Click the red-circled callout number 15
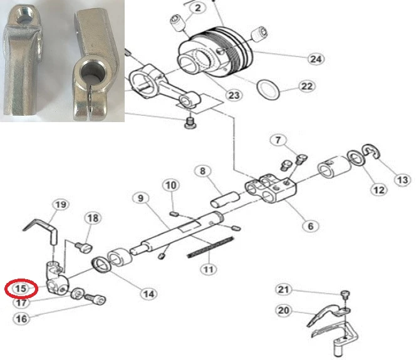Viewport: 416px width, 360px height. tap(21, 288)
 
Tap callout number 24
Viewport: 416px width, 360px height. tap(316, 59)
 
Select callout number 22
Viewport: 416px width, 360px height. tap(307, 86)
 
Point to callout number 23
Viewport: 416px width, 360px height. tap(234, 95)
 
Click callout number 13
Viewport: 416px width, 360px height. tap(402, 180)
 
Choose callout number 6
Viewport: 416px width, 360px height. tap(310, 226)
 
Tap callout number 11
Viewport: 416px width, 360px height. tap(208, 270)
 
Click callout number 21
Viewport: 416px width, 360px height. tap(283, 289)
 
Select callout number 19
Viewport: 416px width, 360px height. tap(61, 205)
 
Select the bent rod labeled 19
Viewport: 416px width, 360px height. tap(43, 229)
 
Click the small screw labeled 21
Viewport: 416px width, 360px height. tap(345, 294)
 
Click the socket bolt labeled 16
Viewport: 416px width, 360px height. tap(95, 299)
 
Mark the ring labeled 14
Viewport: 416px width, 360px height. tap(101, 265)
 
